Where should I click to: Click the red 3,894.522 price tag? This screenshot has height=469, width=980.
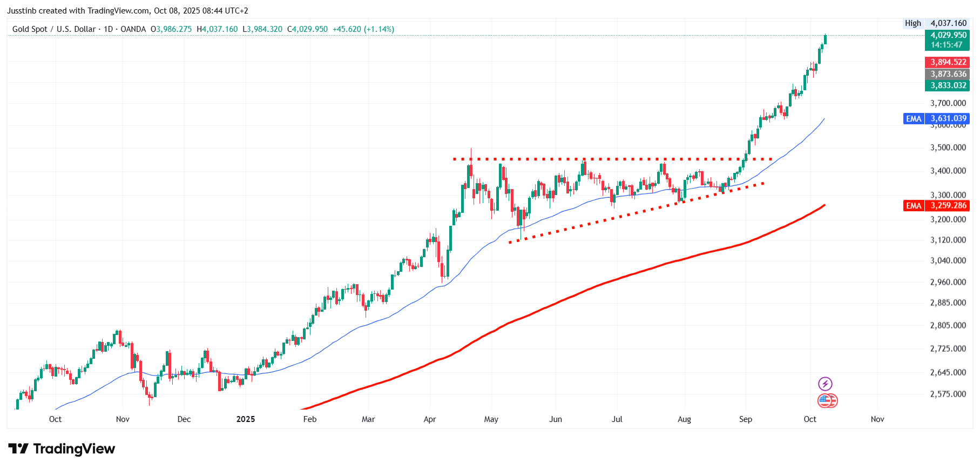coord(947,62)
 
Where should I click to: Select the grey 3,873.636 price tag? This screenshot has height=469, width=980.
coord(947,74)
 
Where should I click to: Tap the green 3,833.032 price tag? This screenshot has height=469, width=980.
coord(947,85)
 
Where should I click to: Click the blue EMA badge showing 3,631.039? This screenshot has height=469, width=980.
coord(936,118)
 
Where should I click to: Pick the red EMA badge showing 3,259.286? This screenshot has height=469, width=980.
coord(936,205)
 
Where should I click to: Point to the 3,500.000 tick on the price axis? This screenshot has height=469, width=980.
coord(948,148)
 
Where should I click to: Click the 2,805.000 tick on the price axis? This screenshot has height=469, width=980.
coord(948,325)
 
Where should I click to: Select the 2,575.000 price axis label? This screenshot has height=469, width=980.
coord(948,394)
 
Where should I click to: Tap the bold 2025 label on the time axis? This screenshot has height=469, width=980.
coord(246,419)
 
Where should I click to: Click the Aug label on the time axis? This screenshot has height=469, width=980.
coord(684,419)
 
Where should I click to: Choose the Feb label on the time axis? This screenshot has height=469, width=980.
coord(310,419)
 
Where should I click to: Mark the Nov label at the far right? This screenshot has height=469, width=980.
coord(877,419)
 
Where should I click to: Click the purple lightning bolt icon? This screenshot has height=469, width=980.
coord(825,384)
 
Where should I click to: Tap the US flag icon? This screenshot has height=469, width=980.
coord(827,401)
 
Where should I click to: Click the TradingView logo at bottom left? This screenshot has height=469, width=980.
coord(62,449)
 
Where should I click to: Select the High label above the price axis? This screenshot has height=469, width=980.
coord(913,23)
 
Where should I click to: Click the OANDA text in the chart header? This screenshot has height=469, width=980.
coord(133,29)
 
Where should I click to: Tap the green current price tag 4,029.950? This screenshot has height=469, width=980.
coord(947,40)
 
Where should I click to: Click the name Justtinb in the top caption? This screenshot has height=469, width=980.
coord(22,11)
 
